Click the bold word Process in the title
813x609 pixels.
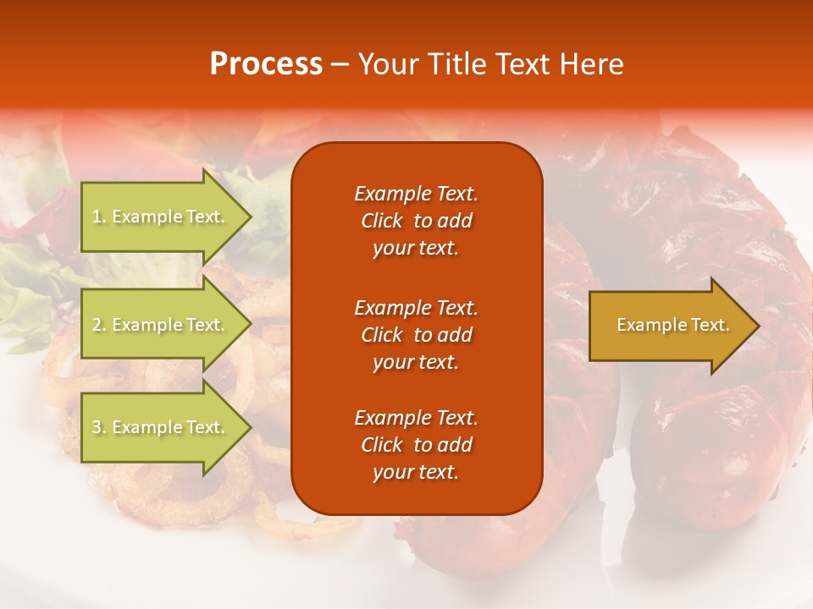[266, 64]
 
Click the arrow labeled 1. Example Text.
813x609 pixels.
[161, 217]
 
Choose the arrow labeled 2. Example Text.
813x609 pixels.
[161, 325]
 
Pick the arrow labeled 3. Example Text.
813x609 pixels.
[161, 427]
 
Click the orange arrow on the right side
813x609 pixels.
[669, 326]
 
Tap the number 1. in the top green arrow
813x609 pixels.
[99, 217]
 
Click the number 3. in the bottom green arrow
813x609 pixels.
[99, 427]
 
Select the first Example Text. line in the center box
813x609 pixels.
[416, 194]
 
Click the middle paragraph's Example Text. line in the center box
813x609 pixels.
[416, 307]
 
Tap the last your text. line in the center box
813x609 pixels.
[416, 473]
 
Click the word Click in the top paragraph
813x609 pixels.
[382, 221]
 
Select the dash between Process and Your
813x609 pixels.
[340, 65]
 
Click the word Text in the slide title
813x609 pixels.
[523, 64]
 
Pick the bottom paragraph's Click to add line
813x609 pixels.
[416, 445]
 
